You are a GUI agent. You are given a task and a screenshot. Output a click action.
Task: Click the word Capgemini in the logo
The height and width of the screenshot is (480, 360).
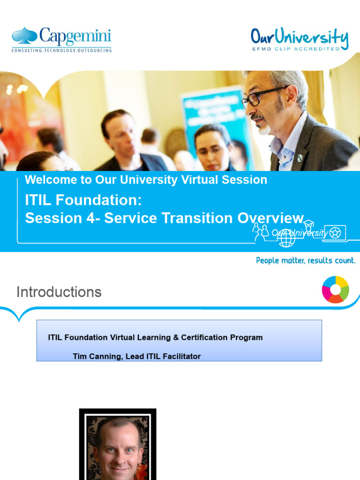pos(75,36)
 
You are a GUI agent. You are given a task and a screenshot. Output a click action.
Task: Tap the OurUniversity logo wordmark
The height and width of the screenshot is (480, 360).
pos(299,37)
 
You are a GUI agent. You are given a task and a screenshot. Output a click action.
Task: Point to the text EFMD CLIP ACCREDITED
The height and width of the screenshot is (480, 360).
pos(296,48)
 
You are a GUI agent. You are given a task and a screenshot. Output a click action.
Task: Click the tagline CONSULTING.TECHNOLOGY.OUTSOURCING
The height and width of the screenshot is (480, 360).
pos(61,50)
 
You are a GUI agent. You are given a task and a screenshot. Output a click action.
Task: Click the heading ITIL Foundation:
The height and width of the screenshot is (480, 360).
pos(83,200)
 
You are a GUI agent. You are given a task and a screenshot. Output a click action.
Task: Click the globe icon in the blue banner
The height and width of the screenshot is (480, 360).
pos(286,238)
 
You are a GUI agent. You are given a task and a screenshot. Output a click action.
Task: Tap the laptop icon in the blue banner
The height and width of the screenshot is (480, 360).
pos(334,233)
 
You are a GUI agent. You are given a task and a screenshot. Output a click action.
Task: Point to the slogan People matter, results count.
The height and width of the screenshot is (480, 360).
pos(306,260)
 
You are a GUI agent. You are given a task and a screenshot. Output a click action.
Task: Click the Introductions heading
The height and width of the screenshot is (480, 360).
pos(59,292)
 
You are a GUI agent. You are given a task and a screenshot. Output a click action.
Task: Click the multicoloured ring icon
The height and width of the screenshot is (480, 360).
pos(335,289)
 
